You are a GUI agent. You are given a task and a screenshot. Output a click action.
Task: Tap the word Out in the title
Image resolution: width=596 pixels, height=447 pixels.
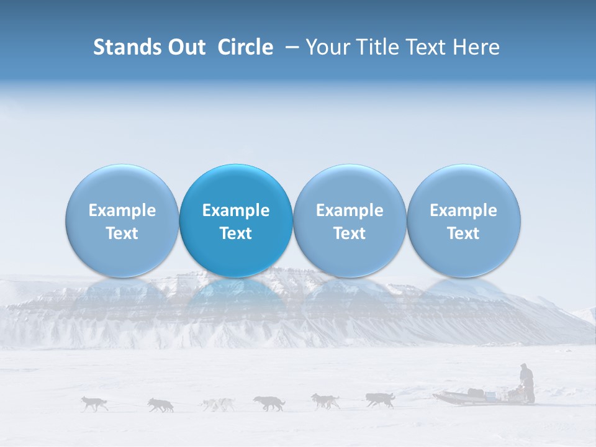186,47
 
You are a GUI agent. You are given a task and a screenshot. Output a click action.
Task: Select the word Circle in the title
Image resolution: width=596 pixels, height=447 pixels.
245,47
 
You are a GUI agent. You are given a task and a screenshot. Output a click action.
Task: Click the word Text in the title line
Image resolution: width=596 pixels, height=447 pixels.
429,47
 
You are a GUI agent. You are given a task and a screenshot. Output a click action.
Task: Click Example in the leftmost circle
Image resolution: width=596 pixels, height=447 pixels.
122,210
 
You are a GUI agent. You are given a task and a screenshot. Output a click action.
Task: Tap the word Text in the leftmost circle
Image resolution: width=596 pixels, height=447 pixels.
122,233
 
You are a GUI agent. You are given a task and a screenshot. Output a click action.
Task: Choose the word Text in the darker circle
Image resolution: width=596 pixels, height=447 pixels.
236,233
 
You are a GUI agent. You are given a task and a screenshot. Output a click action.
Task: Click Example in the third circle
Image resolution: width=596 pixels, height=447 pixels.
350,210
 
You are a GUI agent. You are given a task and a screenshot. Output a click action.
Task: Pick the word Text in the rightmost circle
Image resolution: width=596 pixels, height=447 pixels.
463,233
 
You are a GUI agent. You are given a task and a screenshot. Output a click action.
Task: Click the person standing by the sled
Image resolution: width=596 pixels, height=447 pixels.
526,382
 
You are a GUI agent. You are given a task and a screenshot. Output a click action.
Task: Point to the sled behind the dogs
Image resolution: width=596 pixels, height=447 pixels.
472,396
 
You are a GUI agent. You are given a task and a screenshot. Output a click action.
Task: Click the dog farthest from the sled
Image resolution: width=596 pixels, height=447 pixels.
94,404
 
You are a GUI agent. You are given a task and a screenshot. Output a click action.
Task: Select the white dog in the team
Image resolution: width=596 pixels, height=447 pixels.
217,404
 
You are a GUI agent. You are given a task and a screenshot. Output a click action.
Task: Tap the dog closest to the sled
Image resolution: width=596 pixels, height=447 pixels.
380,400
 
